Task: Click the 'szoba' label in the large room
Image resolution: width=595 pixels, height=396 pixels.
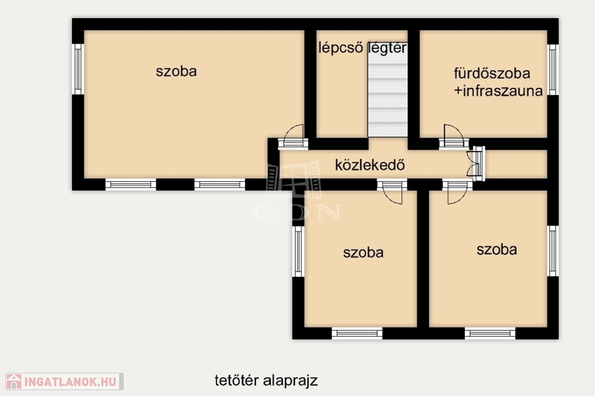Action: click(x=176, y=71)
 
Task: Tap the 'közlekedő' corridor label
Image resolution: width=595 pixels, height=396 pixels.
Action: click(x=370, y=165)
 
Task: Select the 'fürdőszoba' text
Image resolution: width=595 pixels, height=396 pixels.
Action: click(x=492, y=73)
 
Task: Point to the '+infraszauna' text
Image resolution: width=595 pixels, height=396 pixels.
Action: click(x=499, y=91)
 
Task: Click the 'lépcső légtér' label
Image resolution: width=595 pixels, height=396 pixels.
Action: click(x=363, y=48)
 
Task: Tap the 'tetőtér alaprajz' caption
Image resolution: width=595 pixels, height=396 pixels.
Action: click(x=266, y=380)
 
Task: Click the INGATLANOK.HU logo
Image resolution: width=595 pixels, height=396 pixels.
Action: click(x=64, y=381)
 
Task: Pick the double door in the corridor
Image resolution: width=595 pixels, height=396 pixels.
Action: click(x=476, y=164)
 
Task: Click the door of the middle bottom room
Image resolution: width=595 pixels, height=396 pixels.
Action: click(x=392, y=192)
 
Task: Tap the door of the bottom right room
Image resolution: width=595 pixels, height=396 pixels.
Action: click(x=457, y=192)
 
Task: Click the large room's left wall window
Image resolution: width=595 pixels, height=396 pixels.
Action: click(x=78, y=69)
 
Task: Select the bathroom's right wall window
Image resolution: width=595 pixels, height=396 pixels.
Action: click(x=553, y=70)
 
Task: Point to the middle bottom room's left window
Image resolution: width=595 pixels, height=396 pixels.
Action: click(x=298, y=251)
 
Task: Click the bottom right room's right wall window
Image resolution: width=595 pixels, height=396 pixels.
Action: click(x=553, y=251)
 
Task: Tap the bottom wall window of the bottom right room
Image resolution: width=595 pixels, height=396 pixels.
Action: click(x=490, y=333)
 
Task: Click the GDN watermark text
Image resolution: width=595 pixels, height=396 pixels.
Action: click(x=297, y=213)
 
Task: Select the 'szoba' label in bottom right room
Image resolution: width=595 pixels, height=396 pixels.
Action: click(x=497, y=250)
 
